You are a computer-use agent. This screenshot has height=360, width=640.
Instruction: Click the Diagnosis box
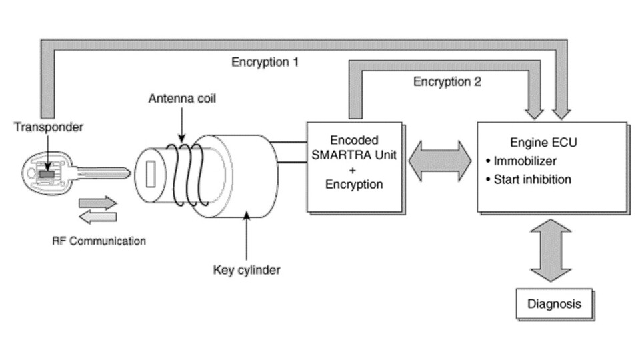[554, 304]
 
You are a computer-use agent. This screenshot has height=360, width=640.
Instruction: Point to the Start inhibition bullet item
[531, 179]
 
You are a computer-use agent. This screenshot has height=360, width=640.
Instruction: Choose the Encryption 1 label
[265, 62]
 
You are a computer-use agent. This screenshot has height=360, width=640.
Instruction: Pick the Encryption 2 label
[447, 82]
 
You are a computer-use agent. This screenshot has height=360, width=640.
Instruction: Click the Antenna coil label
[182, 99]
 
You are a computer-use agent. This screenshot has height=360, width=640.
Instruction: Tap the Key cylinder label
[247, 270]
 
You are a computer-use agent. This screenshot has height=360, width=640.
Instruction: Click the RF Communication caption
[98, 240]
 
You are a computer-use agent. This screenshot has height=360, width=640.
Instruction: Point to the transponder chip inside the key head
[46, 173]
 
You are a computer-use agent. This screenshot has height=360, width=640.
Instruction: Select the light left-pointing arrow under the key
[97, 217]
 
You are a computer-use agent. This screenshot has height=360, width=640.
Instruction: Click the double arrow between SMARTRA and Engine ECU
[440, 162]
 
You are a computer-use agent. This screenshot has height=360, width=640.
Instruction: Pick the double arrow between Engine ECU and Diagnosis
[551, 250]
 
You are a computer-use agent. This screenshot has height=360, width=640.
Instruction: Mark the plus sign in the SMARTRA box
[353, 169]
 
